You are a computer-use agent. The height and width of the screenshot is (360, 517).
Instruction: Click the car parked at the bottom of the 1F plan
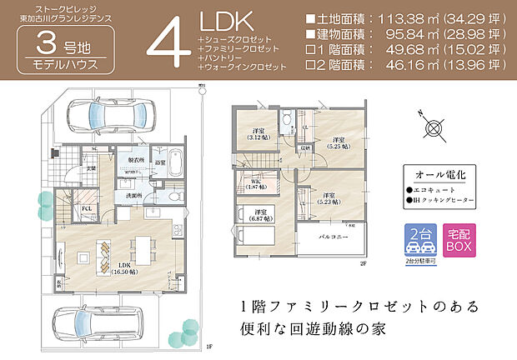pos(100,320)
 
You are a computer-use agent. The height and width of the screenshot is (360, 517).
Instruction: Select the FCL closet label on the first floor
pos(86,210)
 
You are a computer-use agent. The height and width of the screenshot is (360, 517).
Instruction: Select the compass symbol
pos(433,127)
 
